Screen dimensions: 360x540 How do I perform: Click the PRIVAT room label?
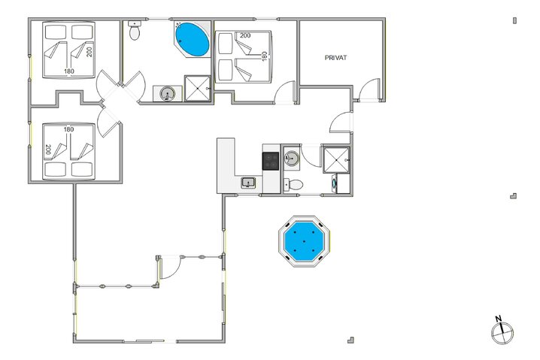(x=340, y=58)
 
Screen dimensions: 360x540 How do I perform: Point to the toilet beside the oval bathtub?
(x=135, y=31)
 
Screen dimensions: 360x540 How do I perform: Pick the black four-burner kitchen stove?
(x=271, y=159)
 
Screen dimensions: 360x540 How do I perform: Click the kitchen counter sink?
(x=248, y=182)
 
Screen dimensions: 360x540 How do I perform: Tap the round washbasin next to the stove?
(x=292, y=158)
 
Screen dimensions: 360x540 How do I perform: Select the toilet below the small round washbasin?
(x=294, y=184)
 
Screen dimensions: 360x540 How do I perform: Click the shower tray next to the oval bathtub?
(x=197, y=88)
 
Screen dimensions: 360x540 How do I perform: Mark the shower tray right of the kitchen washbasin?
(x=335, y=159)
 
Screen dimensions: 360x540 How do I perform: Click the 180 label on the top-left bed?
(x=68, y=71)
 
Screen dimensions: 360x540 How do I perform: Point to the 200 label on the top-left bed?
(x=89, y=51)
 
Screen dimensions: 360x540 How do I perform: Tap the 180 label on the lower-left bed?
(x=68, y=129)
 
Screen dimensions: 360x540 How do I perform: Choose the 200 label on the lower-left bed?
(x=48, y=150)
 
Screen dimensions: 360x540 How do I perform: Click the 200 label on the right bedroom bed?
(x=244, y=35)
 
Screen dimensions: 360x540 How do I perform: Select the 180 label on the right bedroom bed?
(x=265, y=56)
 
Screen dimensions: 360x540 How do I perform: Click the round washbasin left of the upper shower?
(x=168, y=93)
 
